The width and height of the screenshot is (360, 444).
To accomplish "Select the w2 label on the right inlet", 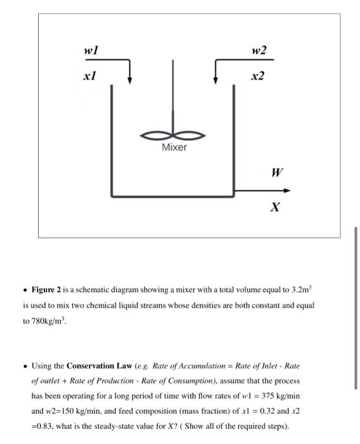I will click(259, 50).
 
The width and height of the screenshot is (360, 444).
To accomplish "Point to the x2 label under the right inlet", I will click(257, 76).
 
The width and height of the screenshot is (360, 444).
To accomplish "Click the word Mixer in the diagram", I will click(174, 147).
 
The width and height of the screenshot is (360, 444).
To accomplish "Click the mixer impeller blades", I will click(173, 134).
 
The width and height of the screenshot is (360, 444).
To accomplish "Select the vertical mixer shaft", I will click(173, 95).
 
